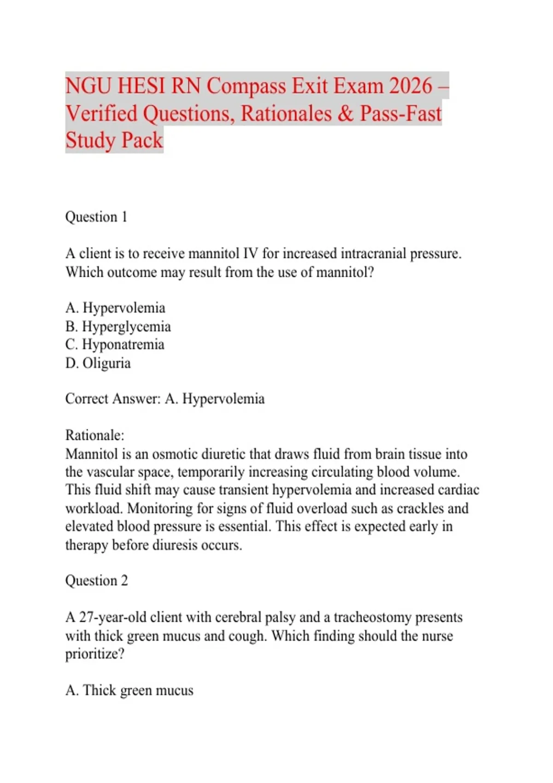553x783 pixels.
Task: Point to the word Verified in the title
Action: (x=101, y=114)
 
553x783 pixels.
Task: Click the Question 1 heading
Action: (x=96, y=217)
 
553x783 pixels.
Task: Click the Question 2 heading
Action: (x=96, y=580)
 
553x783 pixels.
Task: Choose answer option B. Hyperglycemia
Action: (x=118, y=327)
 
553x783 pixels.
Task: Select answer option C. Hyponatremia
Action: (x=115, y=345)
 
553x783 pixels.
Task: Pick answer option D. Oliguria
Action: (x=98, y=363)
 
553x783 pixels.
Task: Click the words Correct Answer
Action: (x=112, y=399)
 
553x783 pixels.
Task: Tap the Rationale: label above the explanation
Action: (x=94, y=435)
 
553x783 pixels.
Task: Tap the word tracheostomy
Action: (x=372, y=617)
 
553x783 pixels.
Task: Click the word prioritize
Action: (x=94, y=654)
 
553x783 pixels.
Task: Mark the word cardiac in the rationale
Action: (x=458, y=490)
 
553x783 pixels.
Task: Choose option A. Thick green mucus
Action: (x=129, y=690)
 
